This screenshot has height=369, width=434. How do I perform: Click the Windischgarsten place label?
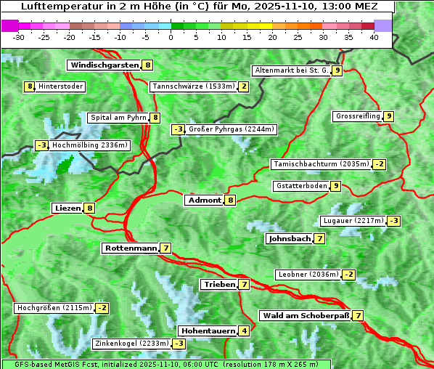coord(104,65)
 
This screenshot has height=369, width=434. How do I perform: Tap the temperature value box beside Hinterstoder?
coord(30,86)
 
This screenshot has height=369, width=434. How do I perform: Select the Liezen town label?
coord(67,208)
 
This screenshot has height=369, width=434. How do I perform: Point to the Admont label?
coord(205,200)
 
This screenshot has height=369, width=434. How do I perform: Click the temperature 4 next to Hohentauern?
coord(245,331)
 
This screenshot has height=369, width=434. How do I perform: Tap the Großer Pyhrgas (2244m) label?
coord(231,129)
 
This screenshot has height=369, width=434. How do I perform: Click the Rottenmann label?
coord(131,248)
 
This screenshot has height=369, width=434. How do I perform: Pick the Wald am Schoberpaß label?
coord(306,316)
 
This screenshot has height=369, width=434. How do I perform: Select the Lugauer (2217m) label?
coord(353,221)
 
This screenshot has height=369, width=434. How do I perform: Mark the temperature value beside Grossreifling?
coord(389,116)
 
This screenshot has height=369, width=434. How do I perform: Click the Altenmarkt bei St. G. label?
coord(292,70)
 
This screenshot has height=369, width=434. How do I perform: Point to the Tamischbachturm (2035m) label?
coord(320,164)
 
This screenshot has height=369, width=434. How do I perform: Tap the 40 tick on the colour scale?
coord(374,37)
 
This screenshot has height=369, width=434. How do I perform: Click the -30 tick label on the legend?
coord(19,37)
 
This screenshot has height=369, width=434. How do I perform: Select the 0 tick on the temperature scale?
coord(171,37)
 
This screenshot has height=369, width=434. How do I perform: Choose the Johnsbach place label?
coord(290,238)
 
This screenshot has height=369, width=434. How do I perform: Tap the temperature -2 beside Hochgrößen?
coord(102,308)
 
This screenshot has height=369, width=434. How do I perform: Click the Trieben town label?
coord(219,285)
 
